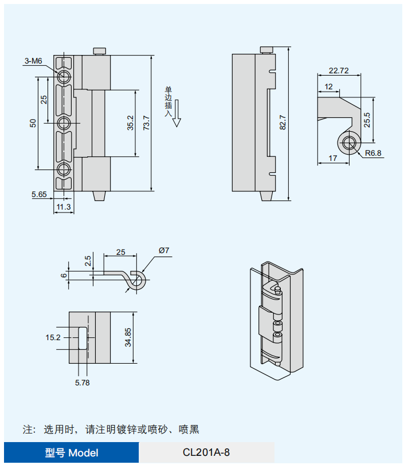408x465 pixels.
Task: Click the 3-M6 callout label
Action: [33, 60]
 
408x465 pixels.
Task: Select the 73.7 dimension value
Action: [146, 123]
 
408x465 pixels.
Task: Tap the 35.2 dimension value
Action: [130, 123]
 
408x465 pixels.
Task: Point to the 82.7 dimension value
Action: [282, 123]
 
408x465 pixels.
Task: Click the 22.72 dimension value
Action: [339, 71]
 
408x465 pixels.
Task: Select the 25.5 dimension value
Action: [367, 120]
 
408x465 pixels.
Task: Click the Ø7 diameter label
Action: [164, 250]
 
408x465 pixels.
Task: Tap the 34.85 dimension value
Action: [128, 337]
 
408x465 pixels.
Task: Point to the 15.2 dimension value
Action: [53, 338]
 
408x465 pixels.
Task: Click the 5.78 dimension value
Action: [82, 382]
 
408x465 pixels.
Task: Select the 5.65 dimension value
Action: [39, 195]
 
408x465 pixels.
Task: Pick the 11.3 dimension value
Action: [64, 207]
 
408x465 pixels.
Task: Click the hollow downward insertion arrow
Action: [177, 113]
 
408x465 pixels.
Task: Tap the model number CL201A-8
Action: [206, 452]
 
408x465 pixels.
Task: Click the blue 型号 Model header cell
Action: [71, 452]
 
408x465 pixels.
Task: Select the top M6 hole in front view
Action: [64, 77]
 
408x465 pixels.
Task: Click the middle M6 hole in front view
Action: [64, 123]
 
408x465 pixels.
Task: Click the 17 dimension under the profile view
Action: [333, 157]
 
